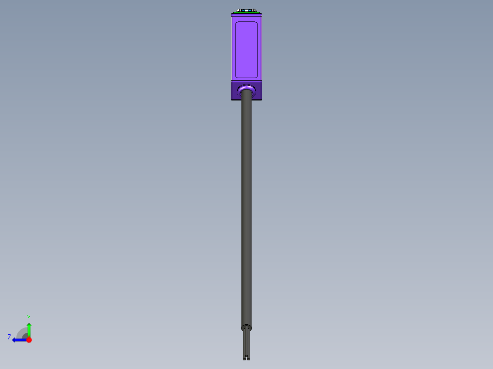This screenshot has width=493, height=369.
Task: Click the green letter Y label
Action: [x=28, y=317]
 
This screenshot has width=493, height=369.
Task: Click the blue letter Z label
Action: [x=9, y=337]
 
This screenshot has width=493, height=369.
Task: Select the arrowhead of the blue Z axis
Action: [x=15, y=340]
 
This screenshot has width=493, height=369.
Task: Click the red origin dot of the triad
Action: [x=29, y=340]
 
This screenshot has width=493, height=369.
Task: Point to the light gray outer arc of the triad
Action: [x=20, y=331]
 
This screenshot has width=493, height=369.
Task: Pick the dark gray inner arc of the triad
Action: [x=25, y=336]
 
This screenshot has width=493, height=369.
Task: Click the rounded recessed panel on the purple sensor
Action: [x=246, y=50]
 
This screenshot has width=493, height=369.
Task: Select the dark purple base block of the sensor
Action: [x=236, y=91]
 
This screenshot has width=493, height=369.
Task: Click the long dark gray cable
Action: [x=246, y=206]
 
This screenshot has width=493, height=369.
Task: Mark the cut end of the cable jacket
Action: [x=246, y=327]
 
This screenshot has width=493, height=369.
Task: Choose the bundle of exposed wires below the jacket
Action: [x=246, y=343]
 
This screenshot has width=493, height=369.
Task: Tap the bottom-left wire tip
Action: [x=244, y=359]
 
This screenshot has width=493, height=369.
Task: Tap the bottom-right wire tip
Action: [x=249, y=359]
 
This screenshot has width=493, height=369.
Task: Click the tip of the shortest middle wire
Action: [x=246, y=355]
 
